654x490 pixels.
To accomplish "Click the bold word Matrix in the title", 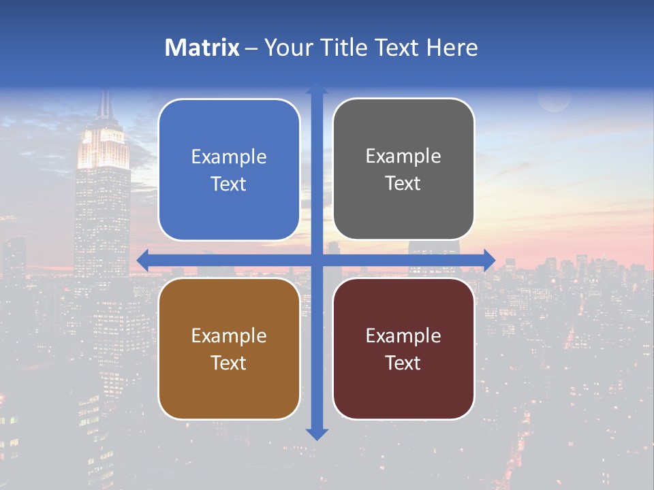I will [202, 48].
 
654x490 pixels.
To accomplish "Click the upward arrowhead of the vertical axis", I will [317, 88].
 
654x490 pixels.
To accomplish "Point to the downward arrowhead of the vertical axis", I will [317, 434].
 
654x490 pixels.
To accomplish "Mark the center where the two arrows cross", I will [317, 260].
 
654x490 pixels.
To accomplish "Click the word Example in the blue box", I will [229, 157].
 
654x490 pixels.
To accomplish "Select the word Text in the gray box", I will [403, 184].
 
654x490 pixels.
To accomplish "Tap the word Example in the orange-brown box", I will [229, 336].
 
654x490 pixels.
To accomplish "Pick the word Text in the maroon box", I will [403, 363].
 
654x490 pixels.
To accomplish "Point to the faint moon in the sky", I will [554, 100].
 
